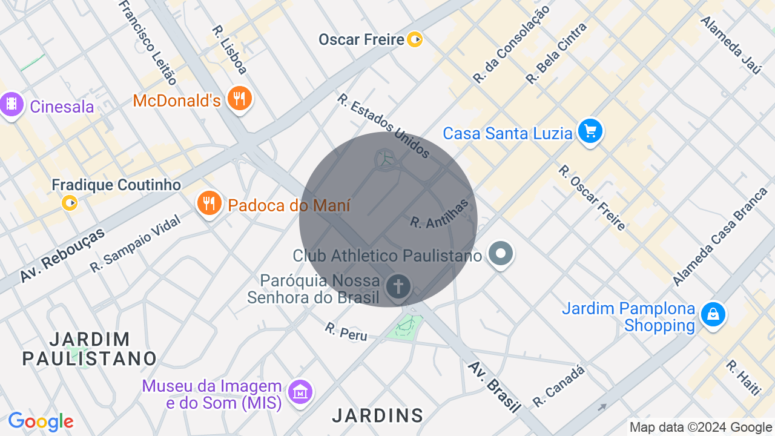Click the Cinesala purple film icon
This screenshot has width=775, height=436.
tap(12, 104)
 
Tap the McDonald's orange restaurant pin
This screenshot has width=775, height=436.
tap(240, 98)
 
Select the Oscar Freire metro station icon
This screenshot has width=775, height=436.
tap(415, 40)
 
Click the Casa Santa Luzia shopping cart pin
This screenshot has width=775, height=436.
tap(590, 131)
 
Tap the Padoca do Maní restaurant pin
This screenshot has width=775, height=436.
tap(209, 202)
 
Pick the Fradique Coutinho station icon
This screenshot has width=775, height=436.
tap(70, 203)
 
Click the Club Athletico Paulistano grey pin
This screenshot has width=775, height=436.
tap(501, 254)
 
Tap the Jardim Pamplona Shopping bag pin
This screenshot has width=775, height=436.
tap(713, 315)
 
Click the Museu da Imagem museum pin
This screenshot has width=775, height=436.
tap(300, 392)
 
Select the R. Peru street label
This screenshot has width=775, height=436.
tap(346, 331)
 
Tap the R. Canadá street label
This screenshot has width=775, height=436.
tap(558, 386)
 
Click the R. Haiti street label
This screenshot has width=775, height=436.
tap(742, 377)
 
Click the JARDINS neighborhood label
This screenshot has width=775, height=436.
tap(378, 415)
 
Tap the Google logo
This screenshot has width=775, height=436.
tap(41, 421)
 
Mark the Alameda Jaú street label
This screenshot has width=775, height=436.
tap(731, 45)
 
